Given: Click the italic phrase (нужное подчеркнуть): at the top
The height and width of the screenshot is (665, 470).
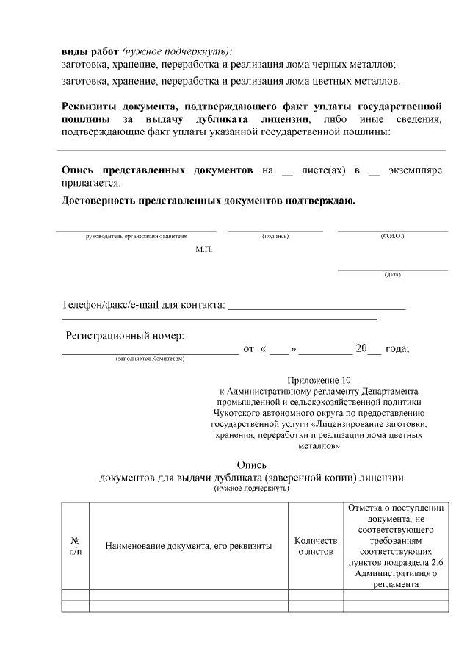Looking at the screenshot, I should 177,51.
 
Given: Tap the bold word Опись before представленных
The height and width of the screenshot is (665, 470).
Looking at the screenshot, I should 79,170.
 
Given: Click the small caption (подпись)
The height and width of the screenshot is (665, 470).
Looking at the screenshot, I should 275,236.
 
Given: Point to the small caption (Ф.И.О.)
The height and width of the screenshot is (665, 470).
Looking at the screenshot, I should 392,236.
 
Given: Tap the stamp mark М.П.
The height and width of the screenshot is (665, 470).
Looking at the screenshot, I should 203,251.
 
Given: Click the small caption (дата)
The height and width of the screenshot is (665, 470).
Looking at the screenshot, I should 392,275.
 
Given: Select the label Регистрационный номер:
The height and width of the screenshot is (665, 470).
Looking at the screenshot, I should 125,336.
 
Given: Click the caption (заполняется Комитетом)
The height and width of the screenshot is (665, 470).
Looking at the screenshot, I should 149,359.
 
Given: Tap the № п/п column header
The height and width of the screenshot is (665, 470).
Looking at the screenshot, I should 75,545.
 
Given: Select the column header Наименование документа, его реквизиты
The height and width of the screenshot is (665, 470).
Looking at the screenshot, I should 189,546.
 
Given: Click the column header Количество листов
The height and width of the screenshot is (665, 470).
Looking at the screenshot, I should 316,546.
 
